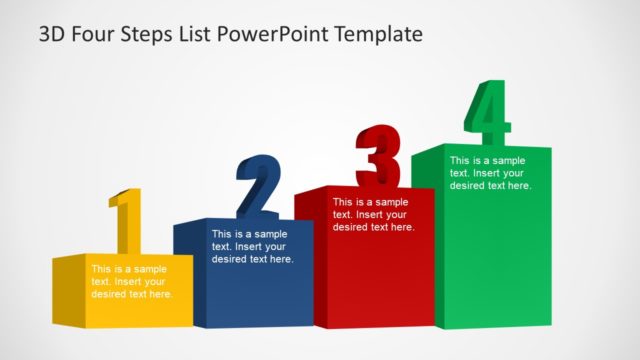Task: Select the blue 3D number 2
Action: click(x=259, y=187)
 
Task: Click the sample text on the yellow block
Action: click(x=131, y=281)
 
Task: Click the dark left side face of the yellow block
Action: click(x=67, y=290)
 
